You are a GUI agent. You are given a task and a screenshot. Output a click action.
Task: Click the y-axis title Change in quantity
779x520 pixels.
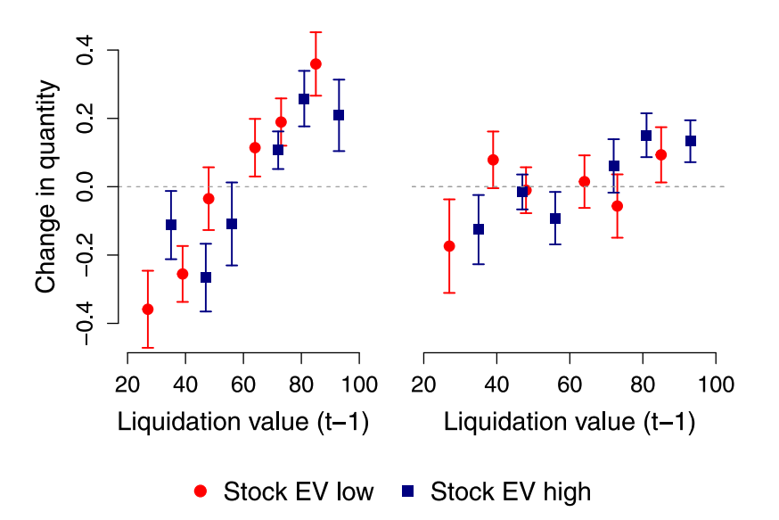pos(47,187)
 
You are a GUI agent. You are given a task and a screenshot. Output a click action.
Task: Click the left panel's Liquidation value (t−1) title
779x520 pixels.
pos(243,422)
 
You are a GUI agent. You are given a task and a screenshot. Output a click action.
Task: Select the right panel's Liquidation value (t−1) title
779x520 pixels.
pos(570,422)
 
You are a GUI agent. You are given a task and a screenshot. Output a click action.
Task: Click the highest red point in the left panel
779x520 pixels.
pos(316,64)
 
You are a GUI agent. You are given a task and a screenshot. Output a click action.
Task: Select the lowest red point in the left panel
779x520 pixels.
pos(148,309)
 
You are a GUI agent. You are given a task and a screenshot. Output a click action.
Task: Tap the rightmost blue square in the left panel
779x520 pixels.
pos(339,115)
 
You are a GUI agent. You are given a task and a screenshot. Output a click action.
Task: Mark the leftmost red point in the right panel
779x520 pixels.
pos(449,246)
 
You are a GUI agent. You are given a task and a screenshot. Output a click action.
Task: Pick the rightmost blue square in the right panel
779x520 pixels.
pos(691,141)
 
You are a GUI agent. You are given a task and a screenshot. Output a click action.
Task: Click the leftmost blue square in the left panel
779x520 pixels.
pos(171,225)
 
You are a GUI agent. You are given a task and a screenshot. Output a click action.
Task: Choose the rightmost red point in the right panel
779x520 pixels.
pos(661,154)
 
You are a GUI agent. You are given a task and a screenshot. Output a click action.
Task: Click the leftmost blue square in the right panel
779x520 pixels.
pos(479,229)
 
